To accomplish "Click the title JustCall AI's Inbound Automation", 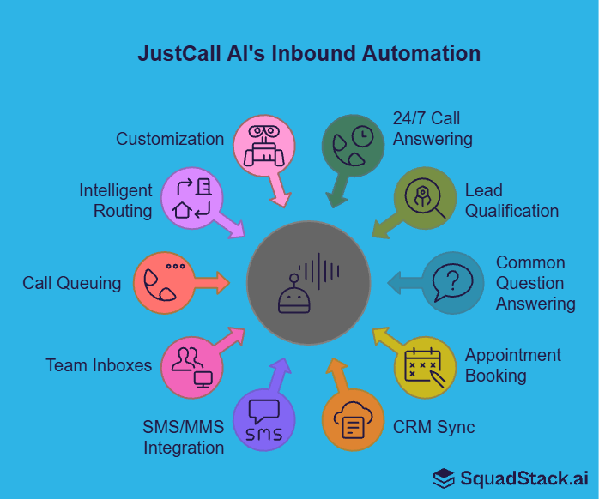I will (309, 54).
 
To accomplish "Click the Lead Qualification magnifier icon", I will (425, 198).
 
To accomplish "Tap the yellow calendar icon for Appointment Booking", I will (425, 366).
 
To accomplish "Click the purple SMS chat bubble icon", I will (263, 421).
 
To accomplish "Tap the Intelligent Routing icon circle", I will (191, 198).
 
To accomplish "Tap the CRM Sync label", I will (433, 426).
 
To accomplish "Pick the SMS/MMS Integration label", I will (184, 436).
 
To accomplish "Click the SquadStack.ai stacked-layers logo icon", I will (444, 478).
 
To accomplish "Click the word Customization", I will (170, 139).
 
